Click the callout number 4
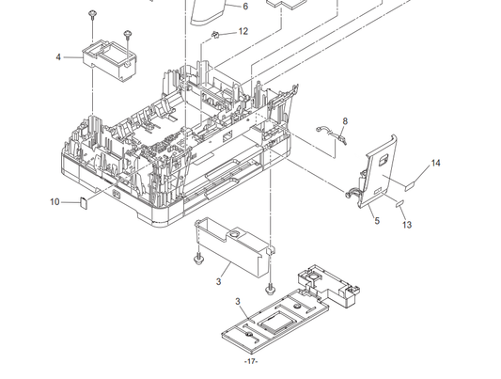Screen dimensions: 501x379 tap(58, 57)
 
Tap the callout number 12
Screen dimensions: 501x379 tap(243, 31)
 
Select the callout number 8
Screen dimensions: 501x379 tap(345, 121)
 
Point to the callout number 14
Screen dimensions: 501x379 tap(435, 163)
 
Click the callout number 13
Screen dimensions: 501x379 tap(407, 225)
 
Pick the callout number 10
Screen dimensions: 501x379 tap(55, 202)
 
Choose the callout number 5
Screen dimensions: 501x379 tap(377, 220)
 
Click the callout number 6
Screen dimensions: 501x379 tap(245, 7)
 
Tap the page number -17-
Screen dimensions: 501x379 tap(251, 361)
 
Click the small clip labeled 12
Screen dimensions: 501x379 tap(215, 35)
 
